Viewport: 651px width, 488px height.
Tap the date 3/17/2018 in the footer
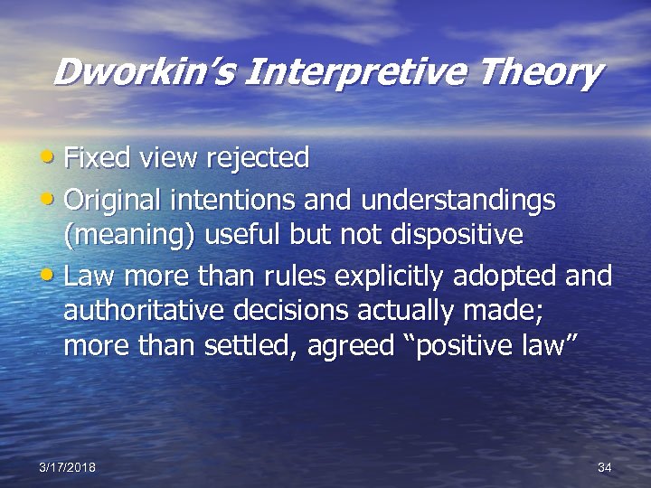[68, 466]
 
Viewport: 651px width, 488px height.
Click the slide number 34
[605, 466]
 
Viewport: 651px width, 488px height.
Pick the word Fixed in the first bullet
[96, 158]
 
